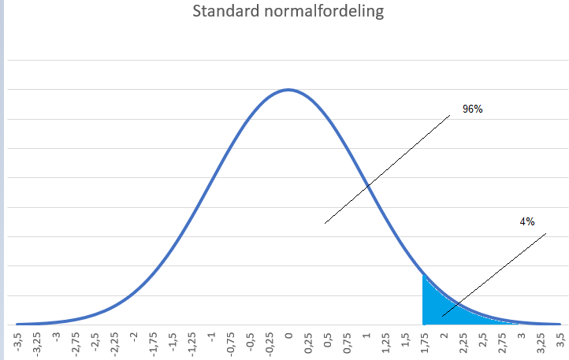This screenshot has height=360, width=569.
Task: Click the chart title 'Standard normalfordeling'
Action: pos(288,13)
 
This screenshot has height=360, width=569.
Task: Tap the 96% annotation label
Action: pos(472,109)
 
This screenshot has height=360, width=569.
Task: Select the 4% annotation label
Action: pos(527,222)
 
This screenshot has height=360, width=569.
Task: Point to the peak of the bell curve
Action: pos(288,89)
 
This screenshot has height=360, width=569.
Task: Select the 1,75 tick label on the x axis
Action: pos(424,343)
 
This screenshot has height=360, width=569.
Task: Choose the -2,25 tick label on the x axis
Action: pos(115,344)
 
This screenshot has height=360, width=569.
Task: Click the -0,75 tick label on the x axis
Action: pos(231,344)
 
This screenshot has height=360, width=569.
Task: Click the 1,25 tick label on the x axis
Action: pos(385,343)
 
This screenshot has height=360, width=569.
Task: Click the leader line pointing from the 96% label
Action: pos(386,169)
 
